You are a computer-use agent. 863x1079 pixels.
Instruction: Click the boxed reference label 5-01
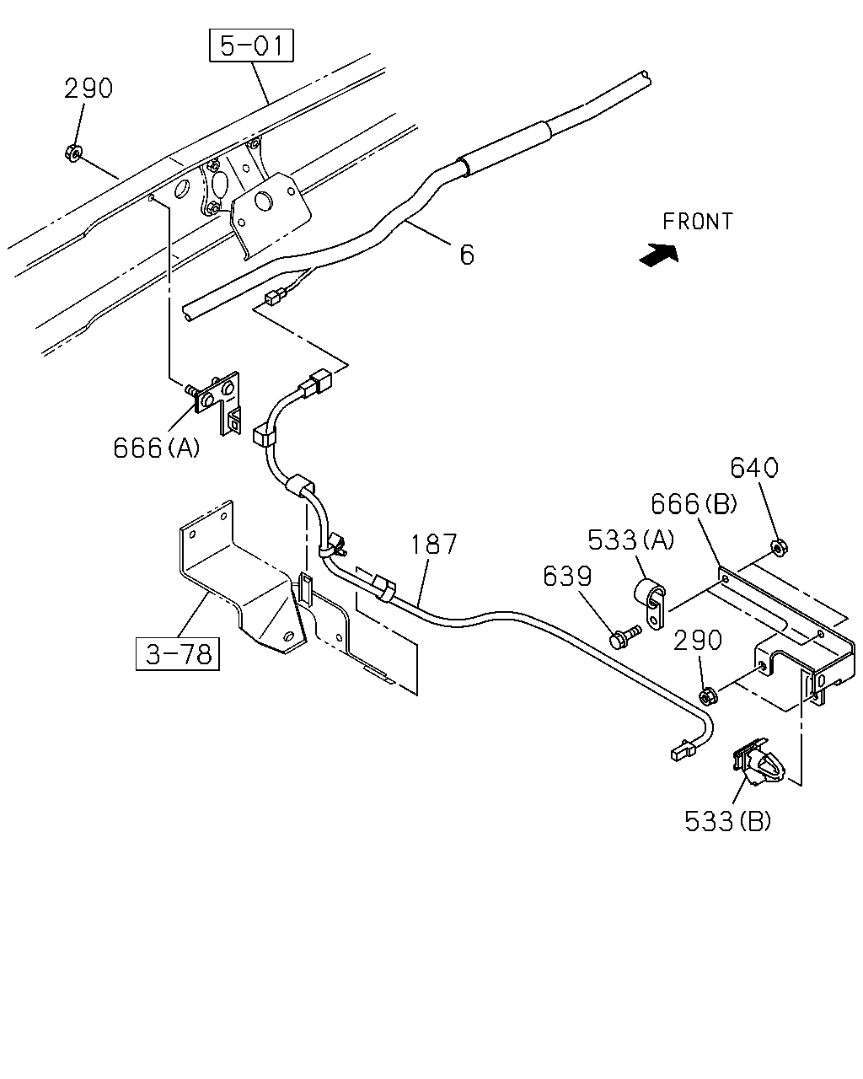251,46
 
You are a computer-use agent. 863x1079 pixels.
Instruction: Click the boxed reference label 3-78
178,654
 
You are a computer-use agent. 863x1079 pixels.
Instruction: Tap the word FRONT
698,222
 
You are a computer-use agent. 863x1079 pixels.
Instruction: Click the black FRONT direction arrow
659,255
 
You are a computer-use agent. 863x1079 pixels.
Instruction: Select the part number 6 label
467,255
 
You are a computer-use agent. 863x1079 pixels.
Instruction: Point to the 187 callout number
434,544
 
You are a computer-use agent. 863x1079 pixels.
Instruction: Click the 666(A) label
157,448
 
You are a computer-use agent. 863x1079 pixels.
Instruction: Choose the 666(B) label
694,503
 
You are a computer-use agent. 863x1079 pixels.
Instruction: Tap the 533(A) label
631,540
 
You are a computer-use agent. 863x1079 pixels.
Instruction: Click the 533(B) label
727,821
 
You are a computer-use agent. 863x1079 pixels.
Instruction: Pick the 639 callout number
568,577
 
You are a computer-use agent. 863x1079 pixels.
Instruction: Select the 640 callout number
754,468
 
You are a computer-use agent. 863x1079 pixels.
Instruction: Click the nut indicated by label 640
779,548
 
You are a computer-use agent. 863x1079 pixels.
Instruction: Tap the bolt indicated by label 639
624,636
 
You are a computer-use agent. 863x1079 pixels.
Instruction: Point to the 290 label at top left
88,89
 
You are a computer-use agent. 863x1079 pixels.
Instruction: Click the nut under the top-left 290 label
73,153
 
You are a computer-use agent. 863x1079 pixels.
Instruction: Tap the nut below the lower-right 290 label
708,696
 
